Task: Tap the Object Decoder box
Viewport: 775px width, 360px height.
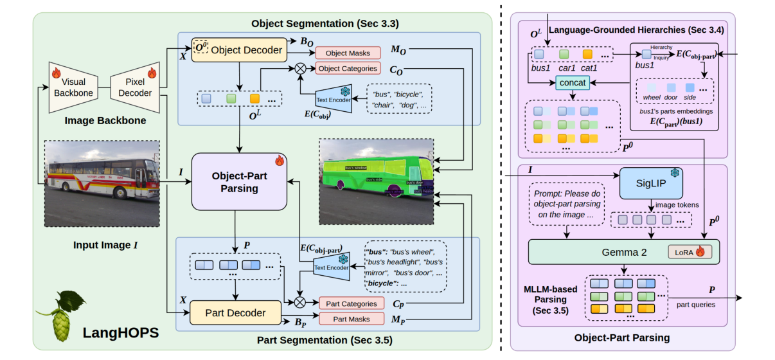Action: (x=238, y=50)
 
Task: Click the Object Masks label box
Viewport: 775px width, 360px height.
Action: (x=347, y=53)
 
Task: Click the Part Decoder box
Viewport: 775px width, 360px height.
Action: (x=235, y=313)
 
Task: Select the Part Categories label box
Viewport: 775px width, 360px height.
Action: (x=351, y=303)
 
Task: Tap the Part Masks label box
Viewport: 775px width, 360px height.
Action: (x=351, y=319)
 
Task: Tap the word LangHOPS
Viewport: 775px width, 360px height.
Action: (x=120, y=333)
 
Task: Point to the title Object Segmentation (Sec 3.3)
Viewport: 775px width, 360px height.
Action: (x=325, y=24)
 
